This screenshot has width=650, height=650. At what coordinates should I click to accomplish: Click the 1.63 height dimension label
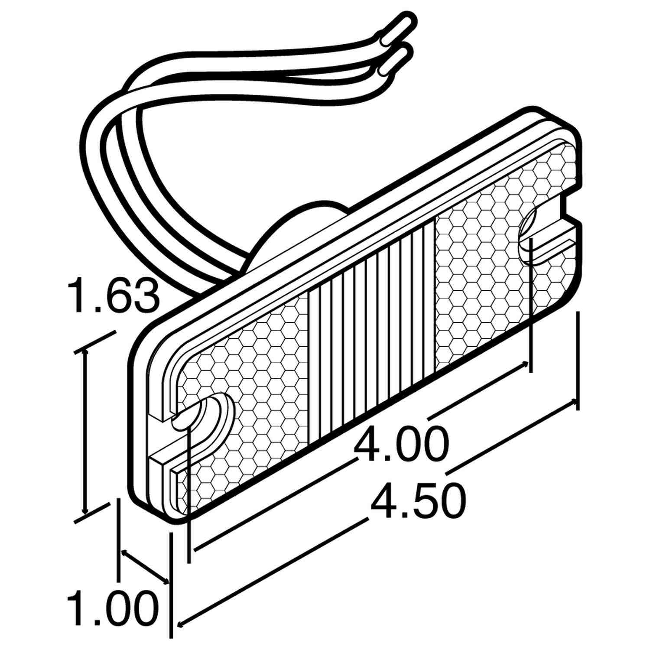point(114,296)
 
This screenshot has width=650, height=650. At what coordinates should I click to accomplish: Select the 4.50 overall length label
point(419,500)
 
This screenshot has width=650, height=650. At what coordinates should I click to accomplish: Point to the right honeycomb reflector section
point(490,269)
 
